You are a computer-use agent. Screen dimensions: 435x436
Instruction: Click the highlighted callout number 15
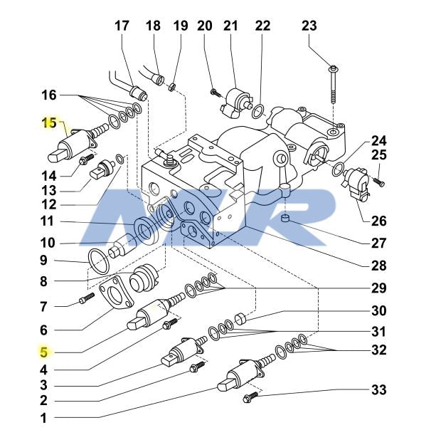[x=49, y=124]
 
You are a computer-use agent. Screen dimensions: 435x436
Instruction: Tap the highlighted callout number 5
[x=43, y=351]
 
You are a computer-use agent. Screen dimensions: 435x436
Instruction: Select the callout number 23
[x=309, y=26]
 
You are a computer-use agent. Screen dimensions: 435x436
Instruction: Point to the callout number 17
[x=122, y=26]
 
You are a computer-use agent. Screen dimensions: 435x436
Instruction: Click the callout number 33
[x=378, y=391]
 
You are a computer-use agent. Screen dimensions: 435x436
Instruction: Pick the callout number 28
[x=378, y=266]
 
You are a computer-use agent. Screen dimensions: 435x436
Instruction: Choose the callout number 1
[x=43, y=419]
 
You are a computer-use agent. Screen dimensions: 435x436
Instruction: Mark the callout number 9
[x=43, y=260]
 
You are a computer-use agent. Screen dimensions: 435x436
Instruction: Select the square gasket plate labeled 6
[x=117, y=297]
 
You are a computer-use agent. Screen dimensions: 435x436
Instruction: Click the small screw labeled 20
[x=215, y=91]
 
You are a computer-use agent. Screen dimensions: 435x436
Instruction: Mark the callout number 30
[x=378, y=310]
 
